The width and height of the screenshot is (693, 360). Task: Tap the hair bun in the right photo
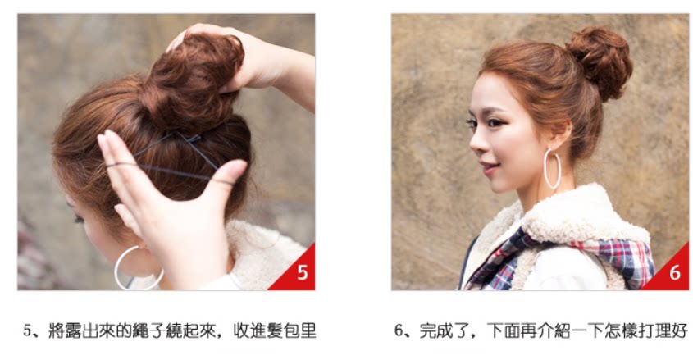click(600, 61)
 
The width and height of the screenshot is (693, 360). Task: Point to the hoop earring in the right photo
click(552, 169)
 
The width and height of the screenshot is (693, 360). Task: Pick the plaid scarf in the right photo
click(574, 250)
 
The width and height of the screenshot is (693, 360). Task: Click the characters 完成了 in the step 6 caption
click(441, 332)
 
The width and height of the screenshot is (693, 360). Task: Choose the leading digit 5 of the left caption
click(28, 332)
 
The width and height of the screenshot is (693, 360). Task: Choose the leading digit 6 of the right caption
click(399, 332)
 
